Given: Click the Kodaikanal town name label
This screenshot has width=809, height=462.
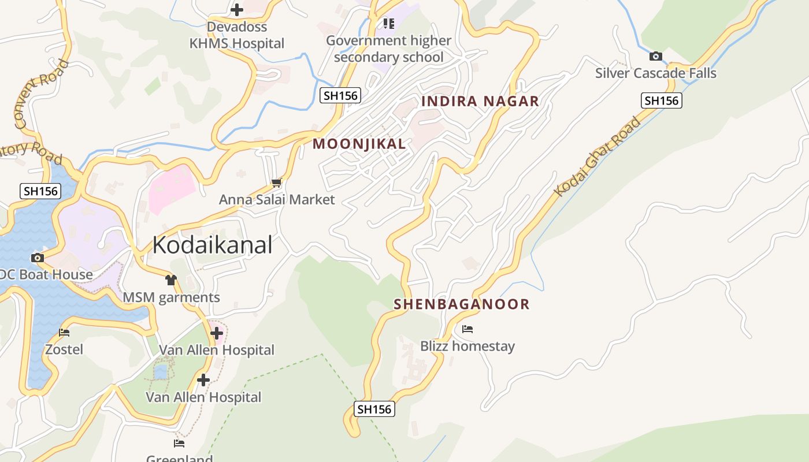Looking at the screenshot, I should (x=212, y=245).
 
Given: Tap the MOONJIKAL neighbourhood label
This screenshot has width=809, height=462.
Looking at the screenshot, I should (x=359, y=144).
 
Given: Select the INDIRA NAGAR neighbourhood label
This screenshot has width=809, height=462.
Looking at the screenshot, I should (x=480, y=102).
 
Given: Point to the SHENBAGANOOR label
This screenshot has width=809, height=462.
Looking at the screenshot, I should (x=461, y=304).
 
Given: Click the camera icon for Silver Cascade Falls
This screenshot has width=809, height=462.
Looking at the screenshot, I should (x=655, y=56).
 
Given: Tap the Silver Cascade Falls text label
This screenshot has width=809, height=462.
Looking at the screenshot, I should (x=655, y=73).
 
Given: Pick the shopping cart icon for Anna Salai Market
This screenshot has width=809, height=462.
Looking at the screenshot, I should (x=276, y=183).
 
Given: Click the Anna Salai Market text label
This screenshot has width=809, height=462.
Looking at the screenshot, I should (x=276, y=200).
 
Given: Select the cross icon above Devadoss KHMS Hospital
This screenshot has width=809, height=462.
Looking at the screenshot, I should (x=236, y=10).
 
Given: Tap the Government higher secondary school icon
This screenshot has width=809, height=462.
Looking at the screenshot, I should (x=388, y=24).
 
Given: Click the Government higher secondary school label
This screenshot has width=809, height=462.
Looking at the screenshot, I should (x=388, y=49).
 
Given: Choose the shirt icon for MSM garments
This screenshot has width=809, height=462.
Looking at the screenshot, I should (x=170, y=281).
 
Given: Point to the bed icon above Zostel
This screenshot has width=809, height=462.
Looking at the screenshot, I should (x=64, y=333).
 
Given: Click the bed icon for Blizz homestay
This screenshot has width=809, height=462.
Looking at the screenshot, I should (x=467, y=329).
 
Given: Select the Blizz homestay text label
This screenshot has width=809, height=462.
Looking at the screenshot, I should (x=467, y=346).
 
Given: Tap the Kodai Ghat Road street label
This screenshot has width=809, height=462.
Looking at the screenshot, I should (x=598, y=157).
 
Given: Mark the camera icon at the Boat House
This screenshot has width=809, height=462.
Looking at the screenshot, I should (x=38, y=258).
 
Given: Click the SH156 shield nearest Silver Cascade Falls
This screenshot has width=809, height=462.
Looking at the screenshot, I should (x=661, y=100).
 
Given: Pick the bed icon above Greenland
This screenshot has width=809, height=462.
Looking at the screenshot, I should (x=179, y=444).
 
